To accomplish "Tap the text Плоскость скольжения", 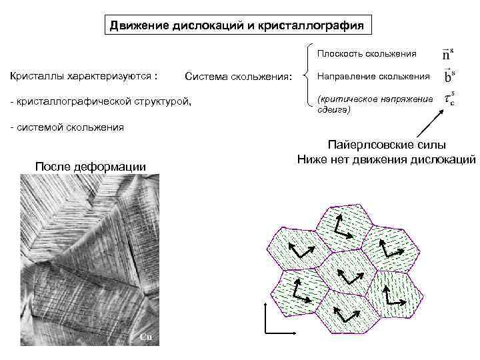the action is pyautogui.click(x=367, y=53).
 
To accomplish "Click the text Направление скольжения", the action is pyautogui.click(x=373, y=77).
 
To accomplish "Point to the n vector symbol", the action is pyautogui.click(x=448, y=53).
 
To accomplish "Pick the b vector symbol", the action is pyautogui.click(x=449, y=75).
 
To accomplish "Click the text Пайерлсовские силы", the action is pyautogui.click(x=386, y=145).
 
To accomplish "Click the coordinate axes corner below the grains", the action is pyautogui.click(x=267, y=331).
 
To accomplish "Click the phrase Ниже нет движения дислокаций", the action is pyautogui.click(x=387, y=159).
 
